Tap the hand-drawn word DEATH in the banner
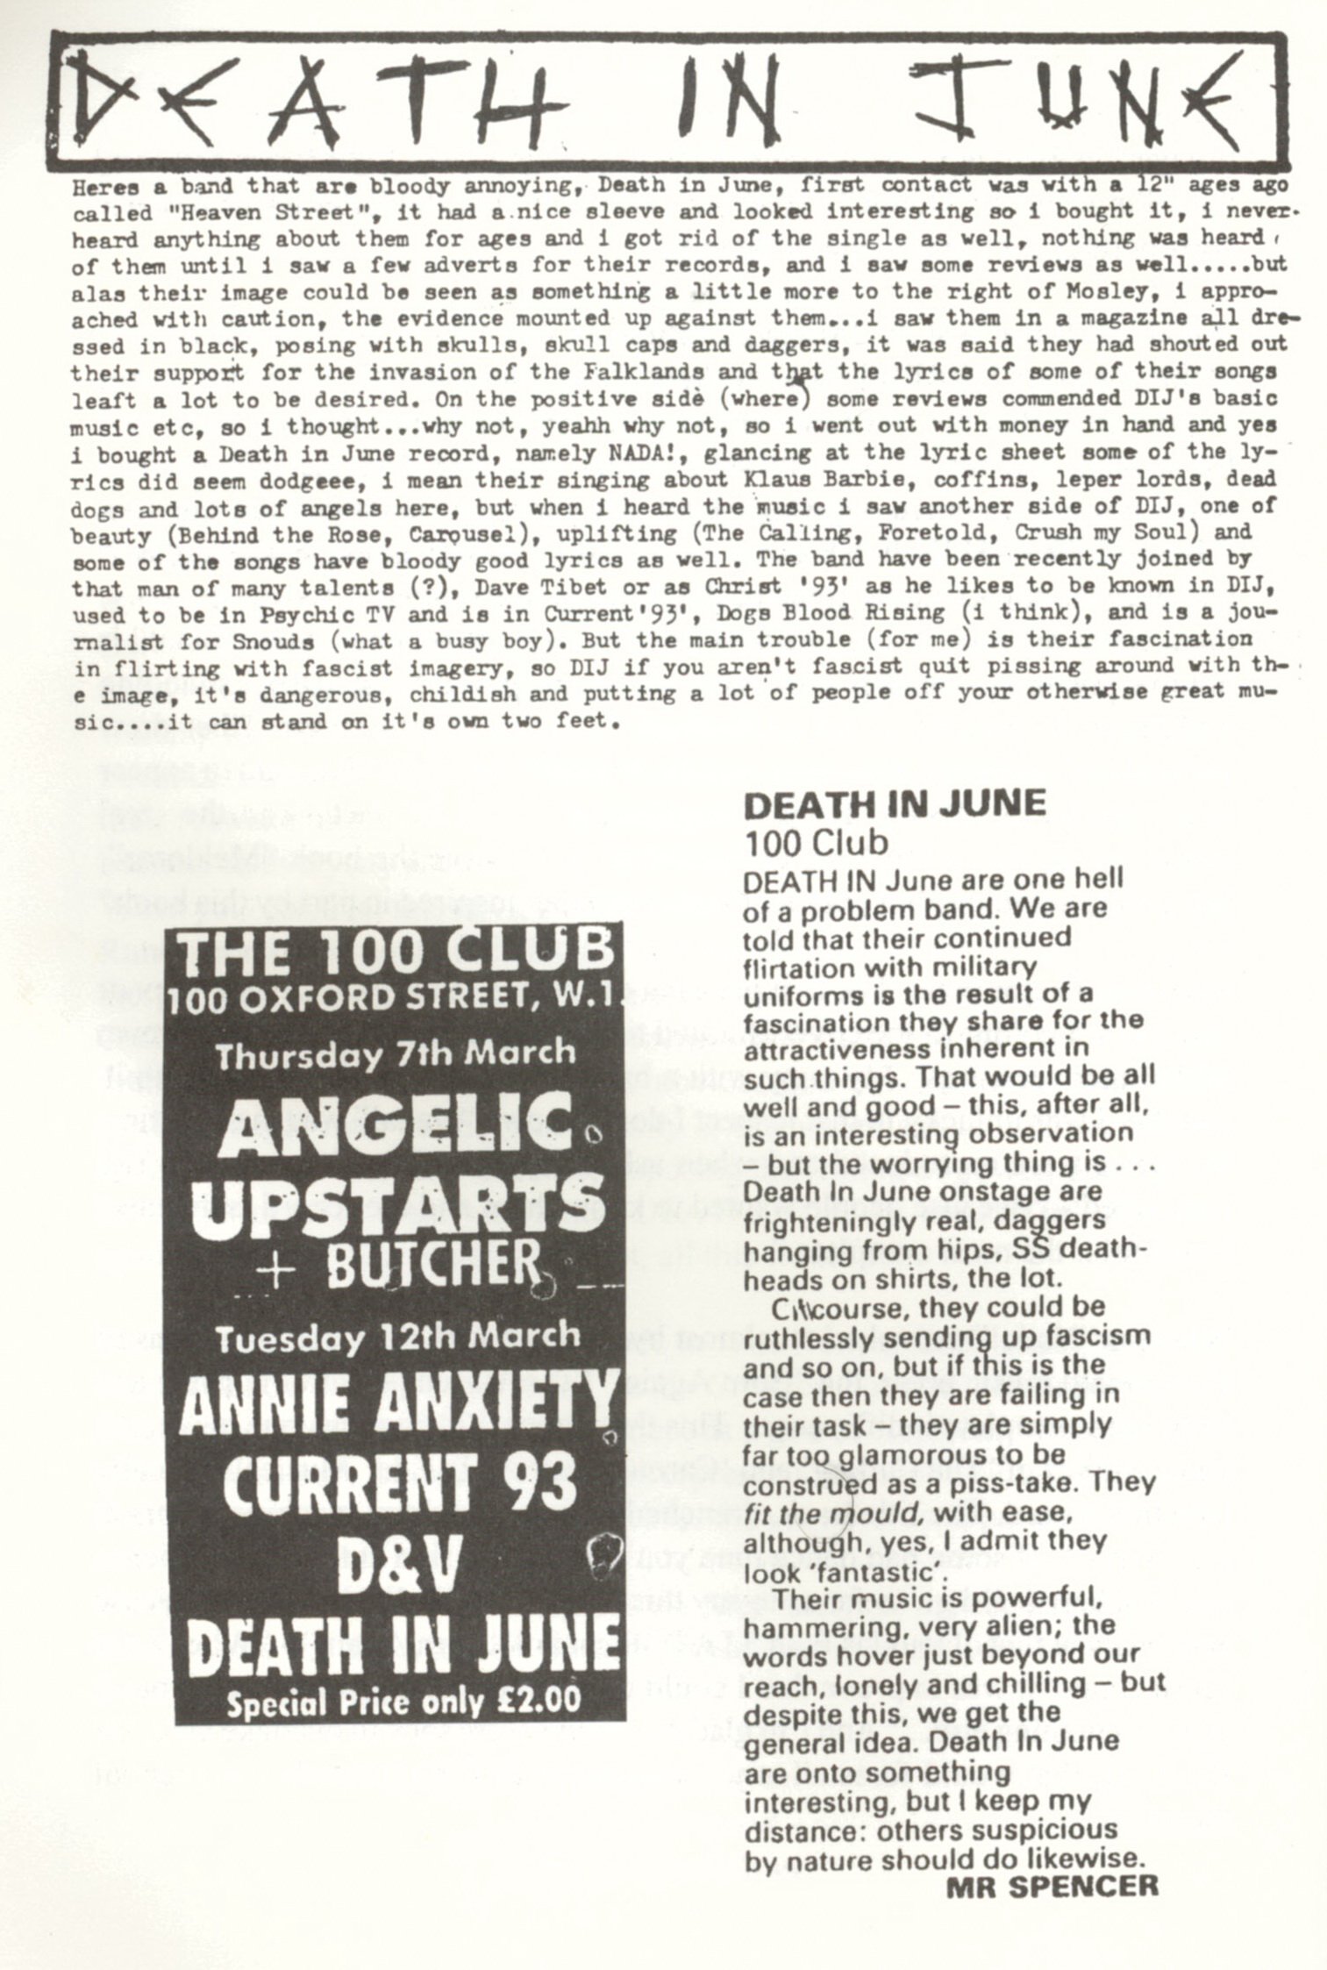321,103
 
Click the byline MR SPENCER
1052,1887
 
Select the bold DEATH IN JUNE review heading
894,804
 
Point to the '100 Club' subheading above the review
815,843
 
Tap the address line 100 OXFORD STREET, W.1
396,999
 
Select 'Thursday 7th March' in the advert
396,1053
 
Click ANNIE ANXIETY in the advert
397,1402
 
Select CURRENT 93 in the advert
399,1482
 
